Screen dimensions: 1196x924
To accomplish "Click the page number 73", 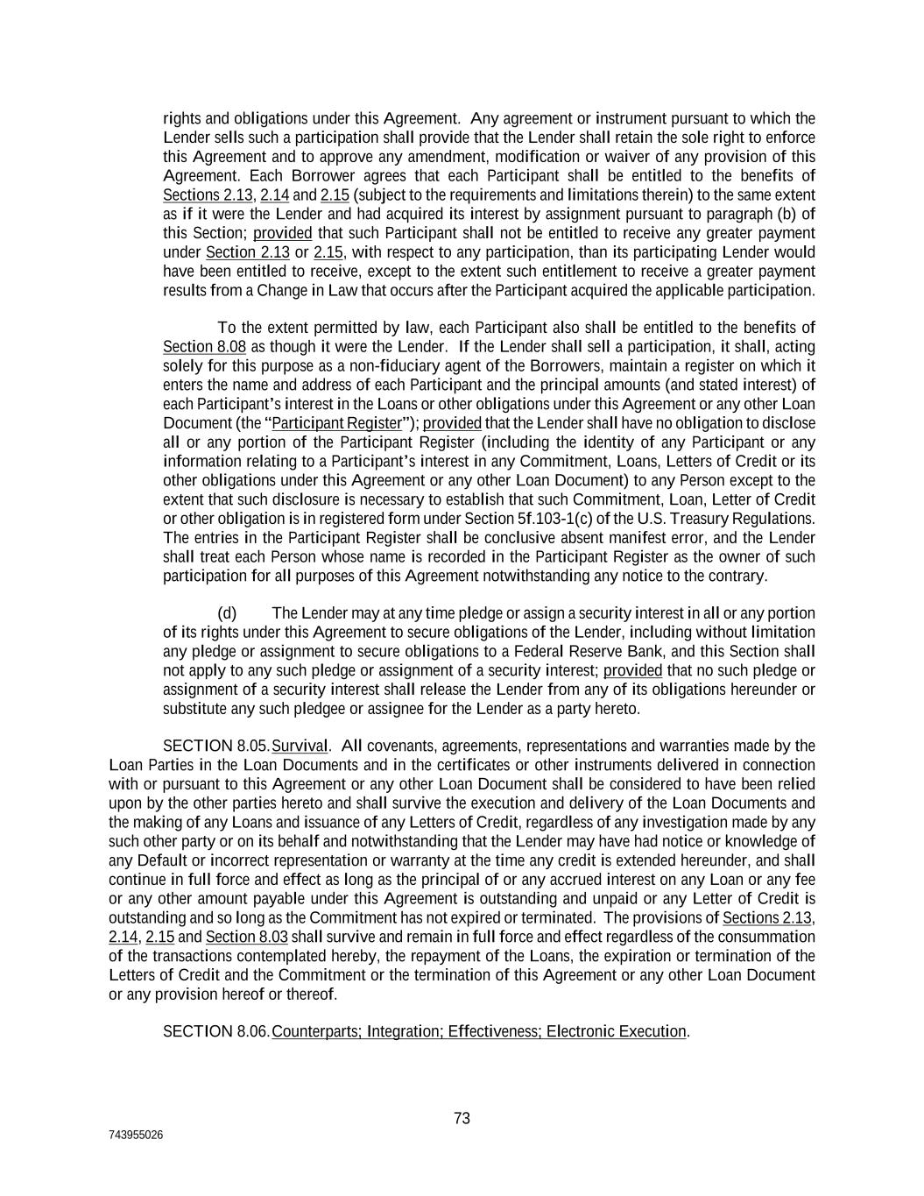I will [462, 1118].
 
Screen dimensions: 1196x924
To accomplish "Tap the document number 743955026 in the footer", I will [136, 1135].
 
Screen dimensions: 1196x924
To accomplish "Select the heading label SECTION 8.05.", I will [216, 747].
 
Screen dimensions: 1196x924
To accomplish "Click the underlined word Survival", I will [300, 747].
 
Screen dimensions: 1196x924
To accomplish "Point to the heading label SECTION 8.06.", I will [216, 1031].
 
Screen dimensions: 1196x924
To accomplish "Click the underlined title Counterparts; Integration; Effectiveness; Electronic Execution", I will [479, 1031].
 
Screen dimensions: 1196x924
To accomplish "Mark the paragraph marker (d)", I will [227, 613].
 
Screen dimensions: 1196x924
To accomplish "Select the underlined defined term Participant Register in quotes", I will [336, 423].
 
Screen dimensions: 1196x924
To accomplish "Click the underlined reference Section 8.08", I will [205, 347].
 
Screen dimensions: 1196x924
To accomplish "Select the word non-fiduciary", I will [394, 366].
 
